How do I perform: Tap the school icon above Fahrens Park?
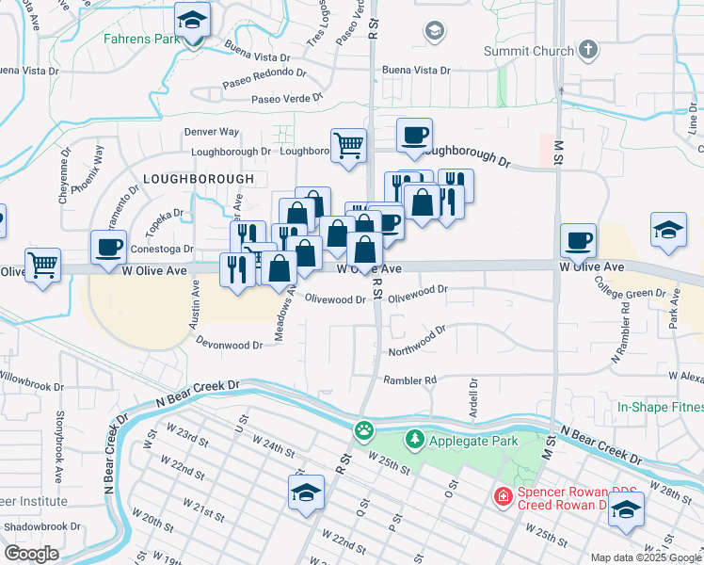[x=193, y=21]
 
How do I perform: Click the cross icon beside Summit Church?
[x=587, y=49]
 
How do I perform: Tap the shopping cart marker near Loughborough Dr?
[x=348, y=146]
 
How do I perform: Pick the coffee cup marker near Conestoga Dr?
[x=109, y=248]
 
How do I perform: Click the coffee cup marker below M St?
[x=578, y=240]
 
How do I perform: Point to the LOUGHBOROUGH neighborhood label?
[x=199, y=179]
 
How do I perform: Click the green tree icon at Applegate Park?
[x=414, y=439]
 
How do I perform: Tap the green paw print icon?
[x=363, y=430]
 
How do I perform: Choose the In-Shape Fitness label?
[x=660, y=407]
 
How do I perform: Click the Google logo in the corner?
[x=31, y=554]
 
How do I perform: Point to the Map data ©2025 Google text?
[x=645, y=557]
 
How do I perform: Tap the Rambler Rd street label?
[x=410, y=380]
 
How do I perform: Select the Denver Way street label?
[x=212, y=132]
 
